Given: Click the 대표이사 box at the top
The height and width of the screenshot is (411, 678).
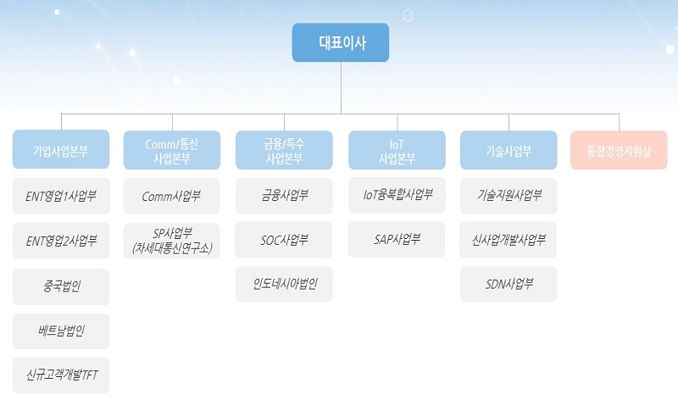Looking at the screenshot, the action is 341,42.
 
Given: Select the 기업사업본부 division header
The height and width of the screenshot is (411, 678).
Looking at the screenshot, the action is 61,149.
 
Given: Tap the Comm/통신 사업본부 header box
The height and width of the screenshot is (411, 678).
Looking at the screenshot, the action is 172,150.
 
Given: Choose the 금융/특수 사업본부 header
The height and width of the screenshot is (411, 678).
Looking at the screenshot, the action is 284,150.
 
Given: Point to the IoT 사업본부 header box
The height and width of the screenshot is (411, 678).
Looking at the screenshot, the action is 397,150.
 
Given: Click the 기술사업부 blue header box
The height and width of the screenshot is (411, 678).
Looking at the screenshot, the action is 508,150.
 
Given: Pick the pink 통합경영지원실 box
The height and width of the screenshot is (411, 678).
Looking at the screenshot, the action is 619,150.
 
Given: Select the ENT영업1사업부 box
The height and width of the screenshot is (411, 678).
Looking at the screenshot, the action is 61,196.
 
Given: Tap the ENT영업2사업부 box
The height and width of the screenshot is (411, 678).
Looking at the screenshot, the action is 61,241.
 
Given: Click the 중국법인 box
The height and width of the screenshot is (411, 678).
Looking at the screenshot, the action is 61,286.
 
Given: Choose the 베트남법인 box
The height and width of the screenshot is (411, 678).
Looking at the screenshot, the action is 61,331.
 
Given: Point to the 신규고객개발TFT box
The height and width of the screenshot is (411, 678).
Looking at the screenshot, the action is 61,375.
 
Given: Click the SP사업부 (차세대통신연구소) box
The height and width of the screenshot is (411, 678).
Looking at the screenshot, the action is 172,241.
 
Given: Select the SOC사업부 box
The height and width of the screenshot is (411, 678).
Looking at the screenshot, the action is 284,240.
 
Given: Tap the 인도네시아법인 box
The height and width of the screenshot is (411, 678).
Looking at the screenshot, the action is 284,284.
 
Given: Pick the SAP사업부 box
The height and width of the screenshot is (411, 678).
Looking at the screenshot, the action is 397,240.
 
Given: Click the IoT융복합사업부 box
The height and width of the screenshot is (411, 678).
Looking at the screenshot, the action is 397,195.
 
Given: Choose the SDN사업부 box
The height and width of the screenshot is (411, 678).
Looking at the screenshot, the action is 508,284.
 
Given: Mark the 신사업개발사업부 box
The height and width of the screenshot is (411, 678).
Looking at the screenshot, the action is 508,240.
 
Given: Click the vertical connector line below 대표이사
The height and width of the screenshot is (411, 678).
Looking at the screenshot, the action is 341,88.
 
